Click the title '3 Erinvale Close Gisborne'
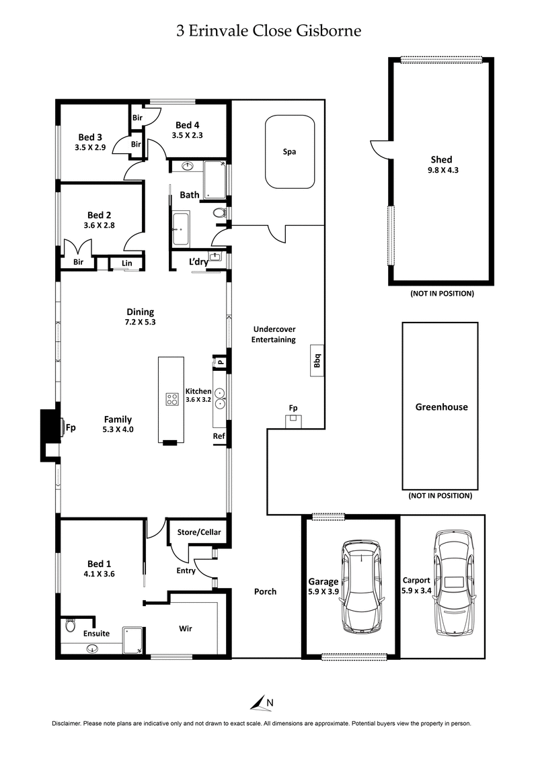(268, 30)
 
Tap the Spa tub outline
(290, 152)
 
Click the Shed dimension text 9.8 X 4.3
(441, 170)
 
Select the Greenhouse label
(440, 407)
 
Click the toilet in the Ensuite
(70, 626)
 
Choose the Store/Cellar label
(198, 532)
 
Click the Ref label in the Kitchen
(219, 436)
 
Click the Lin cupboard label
(126, 263)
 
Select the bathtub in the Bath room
(180, 228)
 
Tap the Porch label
(265, 591)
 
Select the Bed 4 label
(188, 124)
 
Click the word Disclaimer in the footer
(67, 724)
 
